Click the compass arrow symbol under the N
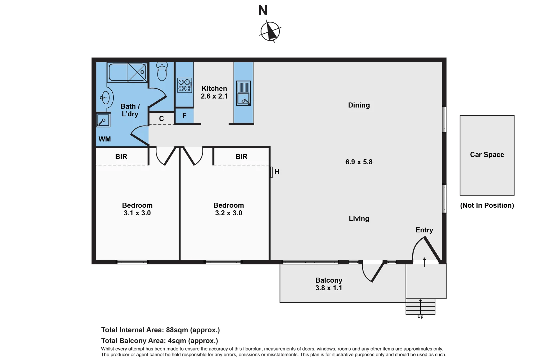[270, 32]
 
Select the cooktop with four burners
[184, 85]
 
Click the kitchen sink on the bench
[243, 93]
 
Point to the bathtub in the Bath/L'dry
[127, 72]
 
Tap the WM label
[105, 139]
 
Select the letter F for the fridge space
[184, 116]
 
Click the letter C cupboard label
[161, 119]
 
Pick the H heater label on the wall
[277, 172]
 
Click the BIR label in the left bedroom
[121, 157]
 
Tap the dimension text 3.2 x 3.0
[228, 213]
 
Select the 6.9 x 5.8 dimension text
[359, 162]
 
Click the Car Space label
[487, 155]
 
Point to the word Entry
[424, 230]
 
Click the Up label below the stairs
[420, 317]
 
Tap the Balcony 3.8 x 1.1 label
[329, 284]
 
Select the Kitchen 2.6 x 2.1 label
[214, 92]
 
